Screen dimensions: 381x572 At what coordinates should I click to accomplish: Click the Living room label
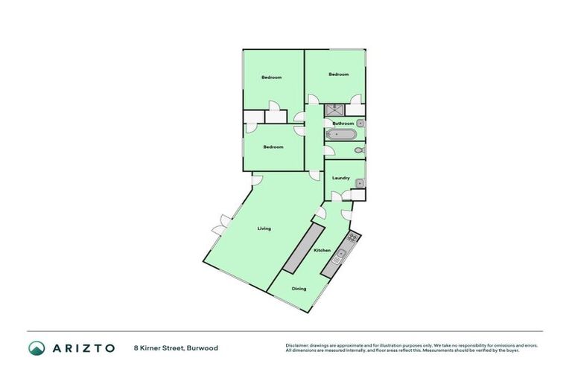coord(264,228)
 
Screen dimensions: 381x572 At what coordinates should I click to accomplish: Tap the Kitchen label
coord(322,251)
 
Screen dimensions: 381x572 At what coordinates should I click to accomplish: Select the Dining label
coord(299,289)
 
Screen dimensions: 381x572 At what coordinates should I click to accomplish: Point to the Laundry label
coord(341,178)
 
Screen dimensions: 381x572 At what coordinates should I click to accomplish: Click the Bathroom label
coord(343,124)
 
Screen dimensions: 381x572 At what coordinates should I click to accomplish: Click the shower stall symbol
coord(331,110)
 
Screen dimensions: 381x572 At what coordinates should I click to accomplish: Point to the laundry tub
coord(359,182)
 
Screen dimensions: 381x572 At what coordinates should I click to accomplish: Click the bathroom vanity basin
coord(360,122)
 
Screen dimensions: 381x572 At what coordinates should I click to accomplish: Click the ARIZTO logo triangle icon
coord(36,348)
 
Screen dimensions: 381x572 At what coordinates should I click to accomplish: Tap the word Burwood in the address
coord(202,348)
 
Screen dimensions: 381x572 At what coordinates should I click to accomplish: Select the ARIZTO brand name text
coord(83,348)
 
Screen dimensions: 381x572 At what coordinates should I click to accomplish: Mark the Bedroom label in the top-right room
coord(338,74)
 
